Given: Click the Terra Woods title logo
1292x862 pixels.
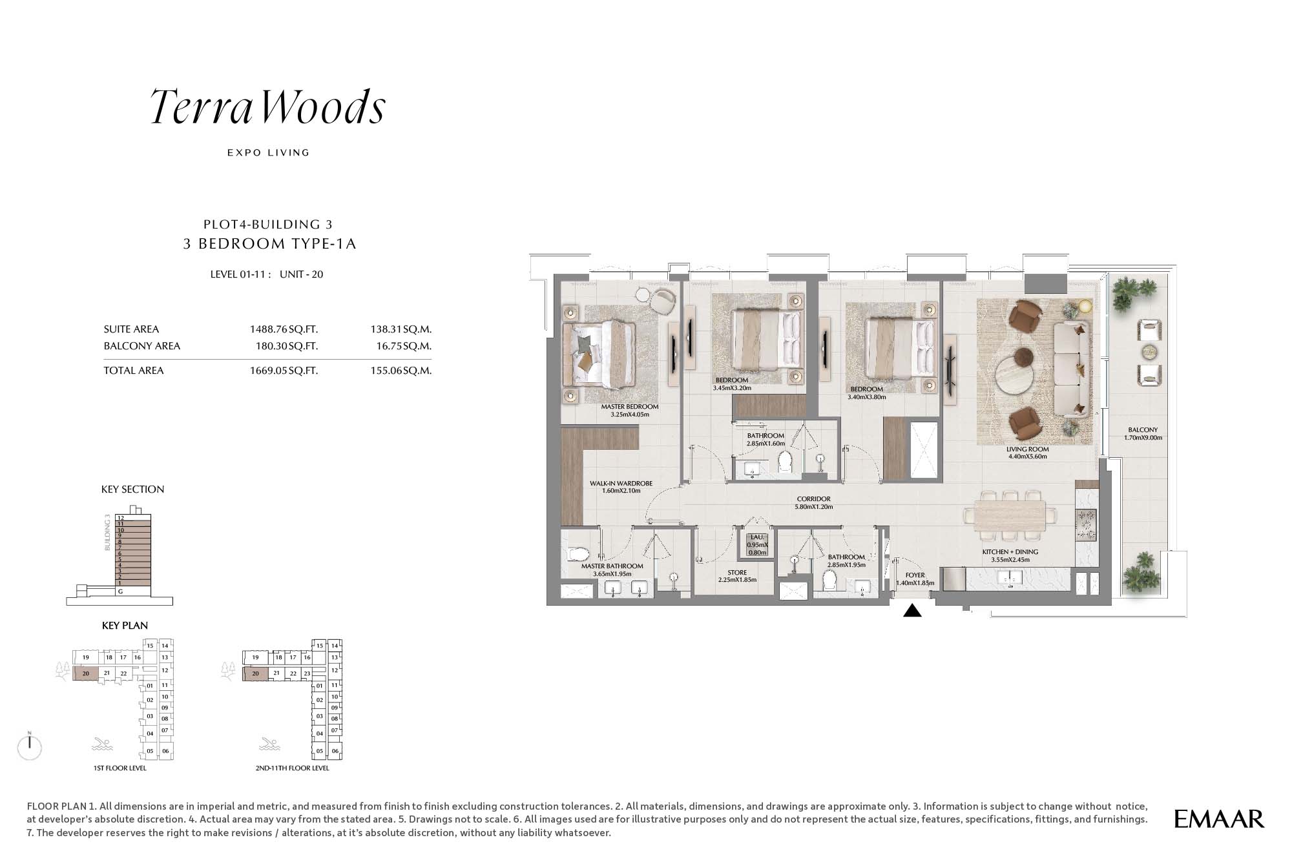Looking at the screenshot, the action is (268, 107).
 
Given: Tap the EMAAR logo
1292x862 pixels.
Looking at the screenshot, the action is (1219, 819).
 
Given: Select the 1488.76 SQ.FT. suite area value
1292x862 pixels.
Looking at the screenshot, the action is (284, 329).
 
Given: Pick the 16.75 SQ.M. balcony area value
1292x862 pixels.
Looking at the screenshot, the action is (404, 346).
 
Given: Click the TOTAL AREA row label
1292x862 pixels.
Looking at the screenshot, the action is (134, 371).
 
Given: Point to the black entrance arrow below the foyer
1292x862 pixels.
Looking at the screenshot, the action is (912, 610).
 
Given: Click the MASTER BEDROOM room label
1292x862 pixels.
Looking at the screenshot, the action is (630, 407).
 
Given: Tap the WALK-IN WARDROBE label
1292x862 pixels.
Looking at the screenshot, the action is (621, 484).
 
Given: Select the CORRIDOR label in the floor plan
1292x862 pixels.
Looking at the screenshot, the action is (813, 499).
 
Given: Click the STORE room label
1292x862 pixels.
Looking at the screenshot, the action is (737, 573).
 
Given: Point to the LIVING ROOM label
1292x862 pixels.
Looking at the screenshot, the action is (1028, 449).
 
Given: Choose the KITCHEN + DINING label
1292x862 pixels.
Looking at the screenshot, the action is (1010, 552).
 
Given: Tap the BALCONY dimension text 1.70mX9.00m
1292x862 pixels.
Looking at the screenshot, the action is (1143, 438).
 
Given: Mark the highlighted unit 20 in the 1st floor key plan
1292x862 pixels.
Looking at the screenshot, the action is (85, 673).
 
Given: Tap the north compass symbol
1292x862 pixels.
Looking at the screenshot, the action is (30, 746).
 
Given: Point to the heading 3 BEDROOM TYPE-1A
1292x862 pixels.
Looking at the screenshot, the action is (270, 244).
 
